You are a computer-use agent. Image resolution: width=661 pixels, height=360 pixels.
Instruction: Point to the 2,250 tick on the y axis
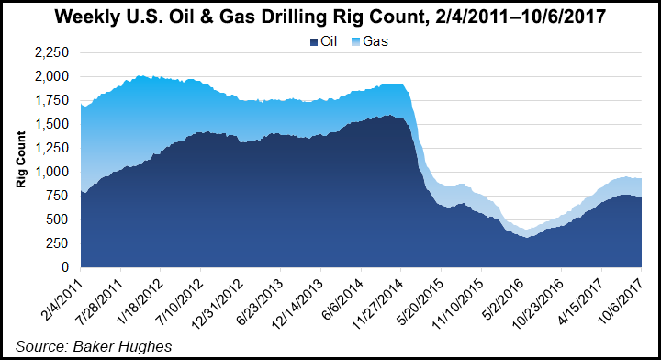52,52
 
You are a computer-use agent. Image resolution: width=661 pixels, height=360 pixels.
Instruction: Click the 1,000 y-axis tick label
52,172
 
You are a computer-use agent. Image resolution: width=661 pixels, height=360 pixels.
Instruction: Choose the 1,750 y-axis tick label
52,100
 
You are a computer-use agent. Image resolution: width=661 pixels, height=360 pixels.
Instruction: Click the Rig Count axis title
20,160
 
